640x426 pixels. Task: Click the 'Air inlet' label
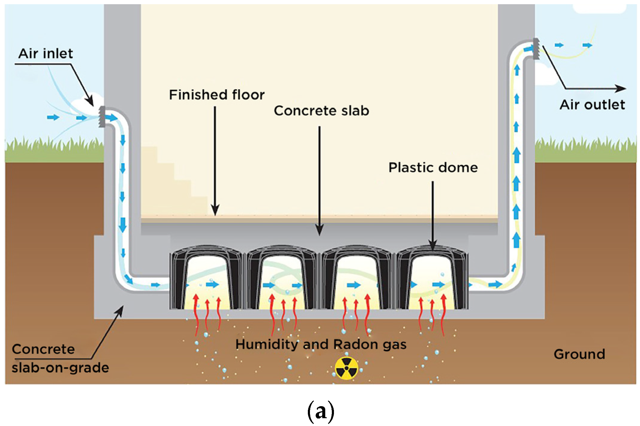click(46, 54)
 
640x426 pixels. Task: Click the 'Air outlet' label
click(592, 105)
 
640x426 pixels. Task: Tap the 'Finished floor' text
click(217, 95)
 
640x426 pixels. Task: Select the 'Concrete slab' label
click(321, 111)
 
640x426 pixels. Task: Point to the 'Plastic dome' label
click(433, 168)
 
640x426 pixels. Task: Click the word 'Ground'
click(579, 354)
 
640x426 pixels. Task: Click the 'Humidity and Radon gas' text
click(321, 344)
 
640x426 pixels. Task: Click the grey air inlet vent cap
click(102, 117)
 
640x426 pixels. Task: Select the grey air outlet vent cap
click(536, 49)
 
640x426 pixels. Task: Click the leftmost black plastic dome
click(206, 278)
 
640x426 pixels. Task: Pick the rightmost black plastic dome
click(432, 278)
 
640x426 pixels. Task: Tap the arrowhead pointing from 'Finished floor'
click(215, 211)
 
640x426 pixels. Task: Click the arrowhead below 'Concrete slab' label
click(320, 231)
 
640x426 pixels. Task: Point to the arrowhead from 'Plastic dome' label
click(433, 246)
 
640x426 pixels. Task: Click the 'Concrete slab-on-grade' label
click(60, 358)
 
